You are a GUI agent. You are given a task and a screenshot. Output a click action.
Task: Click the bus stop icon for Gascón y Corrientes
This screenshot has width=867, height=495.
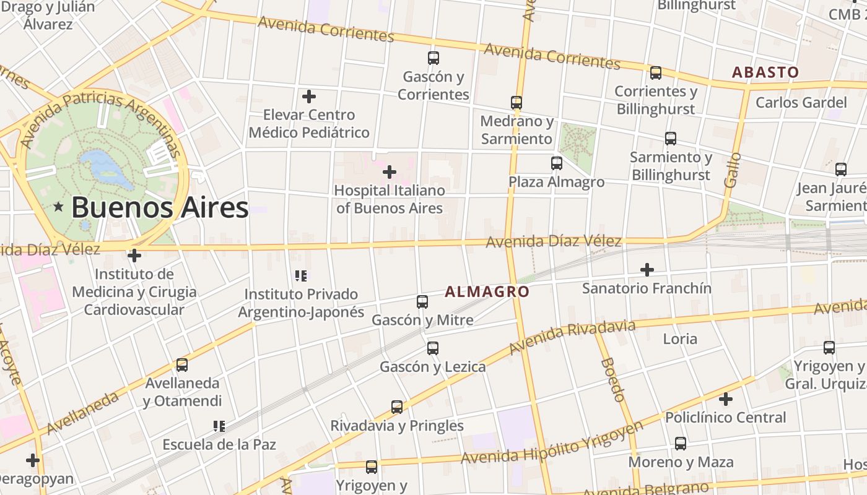[x=434, y=58]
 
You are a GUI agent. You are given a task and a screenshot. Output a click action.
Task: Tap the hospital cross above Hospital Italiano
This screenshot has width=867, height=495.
[x=390, y=171]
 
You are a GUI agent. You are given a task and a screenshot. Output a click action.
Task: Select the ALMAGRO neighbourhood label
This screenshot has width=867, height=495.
[x=487, y=291]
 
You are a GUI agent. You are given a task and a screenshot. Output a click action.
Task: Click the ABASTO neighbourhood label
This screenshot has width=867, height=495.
[x=765, y=72]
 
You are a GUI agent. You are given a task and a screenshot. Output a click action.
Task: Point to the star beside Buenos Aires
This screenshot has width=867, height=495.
[x=59, y=207]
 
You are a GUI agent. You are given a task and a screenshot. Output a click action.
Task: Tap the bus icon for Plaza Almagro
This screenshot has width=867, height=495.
[x=557, y=163]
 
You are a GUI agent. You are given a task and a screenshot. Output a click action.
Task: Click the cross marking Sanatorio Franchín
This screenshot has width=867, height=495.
[x=647, y=270]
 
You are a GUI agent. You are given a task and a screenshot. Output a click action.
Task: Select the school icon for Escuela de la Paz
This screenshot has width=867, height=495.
[x=219, y=426]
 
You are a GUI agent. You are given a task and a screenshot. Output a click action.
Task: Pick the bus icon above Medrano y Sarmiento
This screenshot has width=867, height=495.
[x=516, y=103]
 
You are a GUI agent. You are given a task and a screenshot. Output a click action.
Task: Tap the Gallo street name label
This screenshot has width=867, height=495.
[x=733, y=170]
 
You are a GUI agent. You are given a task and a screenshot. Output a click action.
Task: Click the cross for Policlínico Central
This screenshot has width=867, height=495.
[x=726, y=399]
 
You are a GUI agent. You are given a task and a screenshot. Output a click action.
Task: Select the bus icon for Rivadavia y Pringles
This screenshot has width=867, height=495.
[x=397, y=407]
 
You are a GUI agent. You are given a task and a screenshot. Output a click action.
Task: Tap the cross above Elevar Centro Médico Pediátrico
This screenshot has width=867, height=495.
[x=309, y=97]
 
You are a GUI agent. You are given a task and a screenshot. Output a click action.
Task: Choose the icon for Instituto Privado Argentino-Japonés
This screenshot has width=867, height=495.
[x=301, y=276]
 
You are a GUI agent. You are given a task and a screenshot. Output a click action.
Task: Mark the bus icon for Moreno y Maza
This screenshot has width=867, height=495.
[x=681, y=444]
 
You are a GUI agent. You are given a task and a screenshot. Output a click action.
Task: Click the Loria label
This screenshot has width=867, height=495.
[x=680, y=338]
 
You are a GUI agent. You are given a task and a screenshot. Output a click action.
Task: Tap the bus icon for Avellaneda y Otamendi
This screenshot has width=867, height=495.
[x=182, y=365]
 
